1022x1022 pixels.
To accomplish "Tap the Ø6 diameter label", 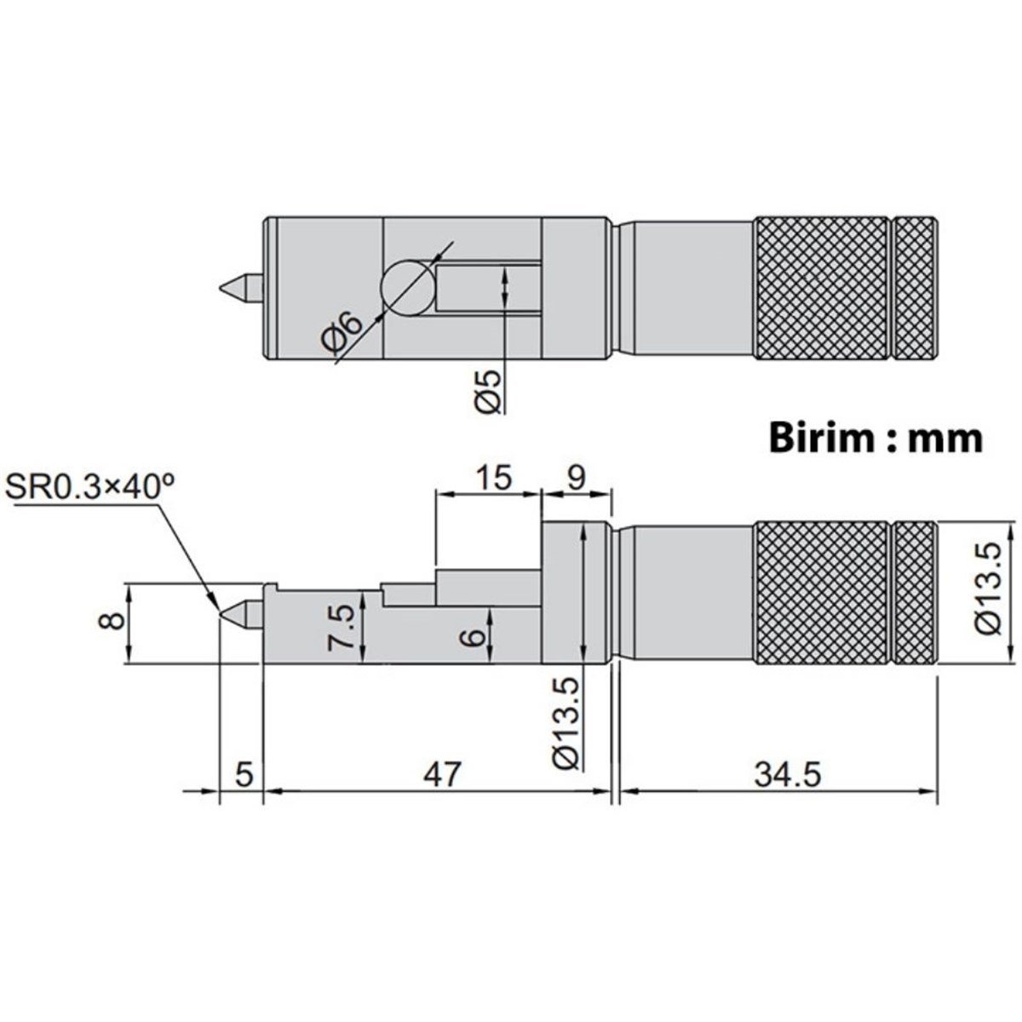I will (x=342, y=334).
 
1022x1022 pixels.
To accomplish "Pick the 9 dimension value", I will (x=577, y=478).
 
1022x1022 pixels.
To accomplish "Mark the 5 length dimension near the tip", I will (x=244, y=774).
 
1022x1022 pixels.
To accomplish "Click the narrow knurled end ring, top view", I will (x=915, y=288).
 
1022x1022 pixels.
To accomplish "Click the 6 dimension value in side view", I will (x=475, y=634).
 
